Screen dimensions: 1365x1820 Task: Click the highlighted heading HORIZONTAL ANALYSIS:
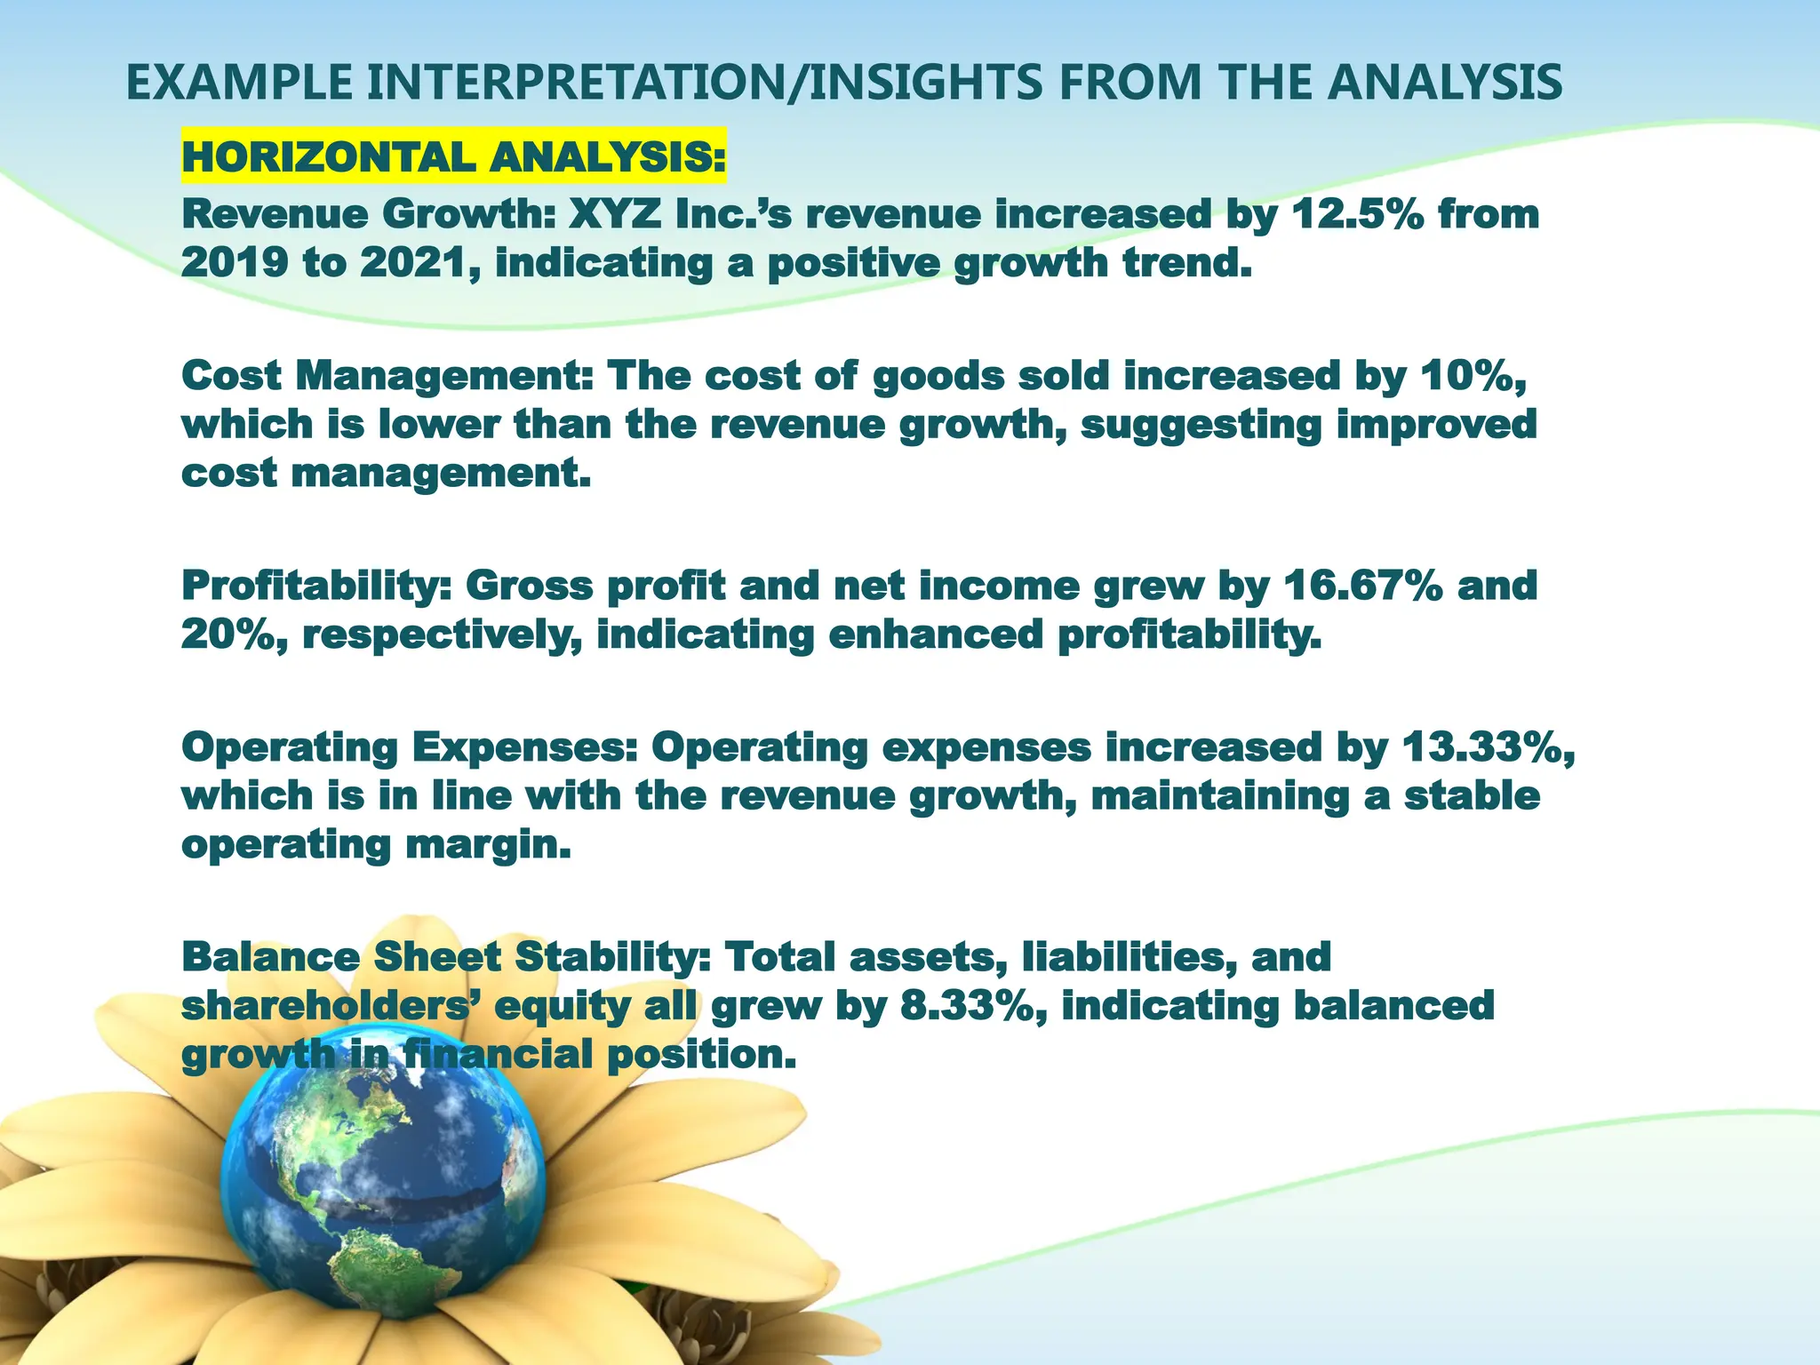(453, 158)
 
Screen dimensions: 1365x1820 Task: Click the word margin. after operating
(488, 844)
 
